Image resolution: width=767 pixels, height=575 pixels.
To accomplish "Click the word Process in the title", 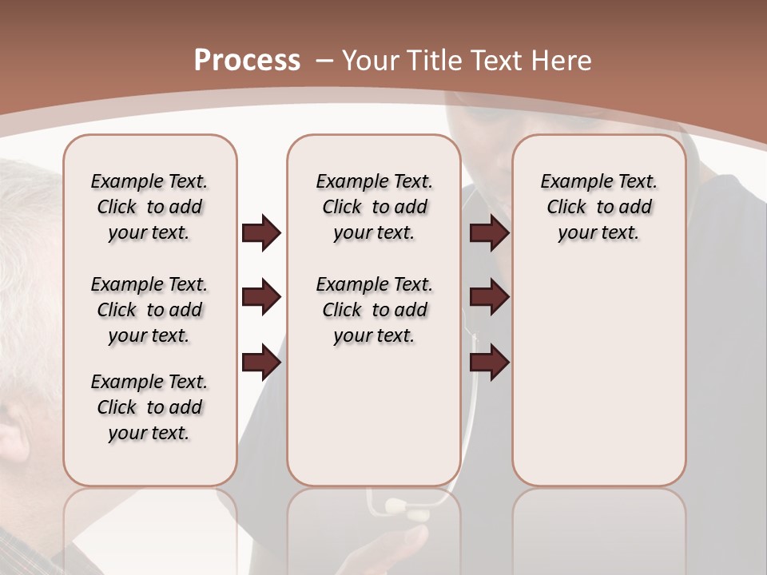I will click(x=247, y=61).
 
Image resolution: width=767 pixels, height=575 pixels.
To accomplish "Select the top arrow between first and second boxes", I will click(x=261, y=233).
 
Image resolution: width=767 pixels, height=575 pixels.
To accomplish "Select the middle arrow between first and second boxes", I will click(x=261, y=298).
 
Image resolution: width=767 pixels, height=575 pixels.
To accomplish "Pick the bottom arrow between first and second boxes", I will click(x=261, y=362).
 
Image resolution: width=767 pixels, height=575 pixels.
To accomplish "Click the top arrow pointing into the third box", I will click(x=489, y=233).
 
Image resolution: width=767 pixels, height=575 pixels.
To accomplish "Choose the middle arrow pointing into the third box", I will click(x=489, y=298).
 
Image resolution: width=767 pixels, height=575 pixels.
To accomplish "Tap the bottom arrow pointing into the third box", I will click(x=489, y=362).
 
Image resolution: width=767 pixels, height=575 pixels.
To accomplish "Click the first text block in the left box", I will click(x=149, y=207).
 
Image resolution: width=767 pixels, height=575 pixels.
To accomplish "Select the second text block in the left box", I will click(x=149, y=310).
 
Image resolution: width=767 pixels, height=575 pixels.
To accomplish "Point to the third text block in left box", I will click(x=149, y=407).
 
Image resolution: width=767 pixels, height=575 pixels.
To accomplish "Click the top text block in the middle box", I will click(x=374, y=207).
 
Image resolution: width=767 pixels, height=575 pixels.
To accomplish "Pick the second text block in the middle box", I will click(x=374, y=310).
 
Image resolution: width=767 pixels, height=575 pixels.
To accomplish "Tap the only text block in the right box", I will click(x=598, y=207).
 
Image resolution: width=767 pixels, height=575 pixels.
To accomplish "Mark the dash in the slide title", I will click(x=324, y=61).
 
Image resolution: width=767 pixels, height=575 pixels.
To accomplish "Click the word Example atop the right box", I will click(x=571, y=181).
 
